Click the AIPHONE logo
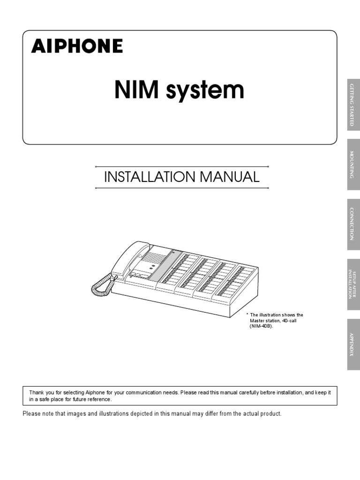coord(77,46)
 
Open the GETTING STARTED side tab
coord(353,105)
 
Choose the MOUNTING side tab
coord(353,165)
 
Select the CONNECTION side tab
coord(353,224)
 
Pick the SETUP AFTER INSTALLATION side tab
coord(353,284)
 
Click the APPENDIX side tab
coord(353,344)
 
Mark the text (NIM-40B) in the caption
coord(261,326)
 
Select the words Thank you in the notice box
coord(40,392)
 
